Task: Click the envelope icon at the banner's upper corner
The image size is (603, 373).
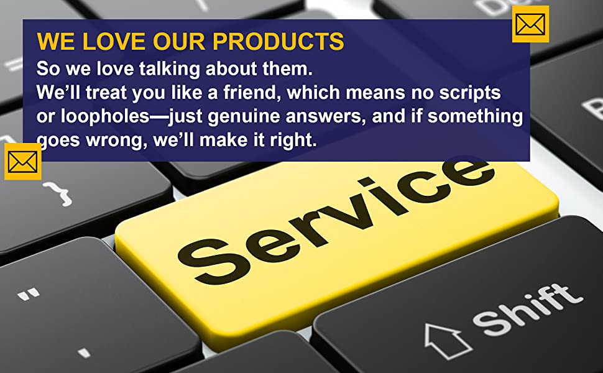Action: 530,24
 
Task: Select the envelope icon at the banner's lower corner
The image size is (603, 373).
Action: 22,162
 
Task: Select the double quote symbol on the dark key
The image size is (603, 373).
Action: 29,294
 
